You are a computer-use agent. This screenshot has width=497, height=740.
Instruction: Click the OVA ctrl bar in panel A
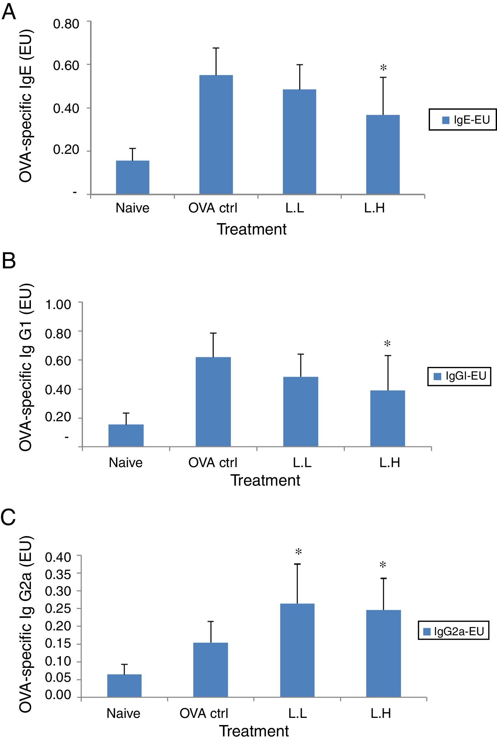[x=216, y=135]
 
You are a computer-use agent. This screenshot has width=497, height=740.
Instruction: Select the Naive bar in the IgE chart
[x=133, y=177]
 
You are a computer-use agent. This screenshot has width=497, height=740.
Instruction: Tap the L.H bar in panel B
[x=387, y=418]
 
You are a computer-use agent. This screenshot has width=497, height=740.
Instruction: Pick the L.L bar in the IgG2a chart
[x=297, y=650]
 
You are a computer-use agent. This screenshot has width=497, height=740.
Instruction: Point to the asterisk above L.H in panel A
[x=383, y=68]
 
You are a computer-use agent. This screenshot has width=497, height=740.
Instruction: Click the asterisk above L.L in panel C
[x=298, y=552]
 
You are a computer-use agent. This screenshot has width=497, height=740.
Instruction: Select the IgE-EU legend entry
[x=463, y=120]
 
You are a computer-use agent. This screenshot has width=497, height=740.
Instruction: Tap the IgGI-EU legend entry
[x=459, y=376]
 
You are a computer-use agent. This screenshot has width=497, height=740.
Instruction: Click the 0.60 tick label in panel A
[x=66, y=65]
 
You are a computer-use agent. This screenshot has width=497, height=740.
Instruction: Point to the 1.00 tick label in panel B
[x=58, y=305]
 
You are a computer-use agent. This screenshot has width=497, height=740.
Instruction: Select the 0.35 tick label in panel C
[x=58, y=575]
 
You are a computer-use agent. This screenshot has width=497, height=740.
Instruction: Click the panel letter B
[x=8, y=261]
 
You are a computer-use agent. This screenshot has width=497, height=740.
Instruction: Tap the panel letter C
[x=8, y=517]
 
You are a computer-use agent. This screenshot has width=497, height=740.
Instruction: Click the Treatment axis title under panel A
[x=252, y=229]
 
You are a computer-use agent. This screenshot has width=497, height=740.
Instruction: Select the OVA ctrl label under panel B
[x=213, y=463]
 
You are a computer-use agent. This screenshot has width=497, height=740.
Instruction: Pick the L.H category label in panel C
[x=381, y=713]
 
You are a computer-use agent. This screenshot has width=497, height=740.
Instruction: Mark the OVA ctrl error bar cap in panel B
[x=213, y=333]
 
